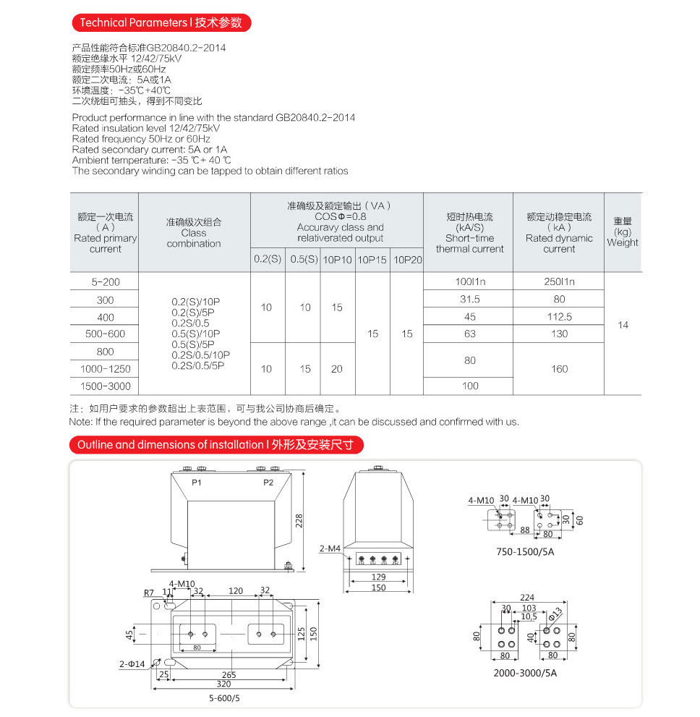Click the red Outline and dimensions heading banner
click(215, 444)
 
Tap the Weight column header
click(623, 232)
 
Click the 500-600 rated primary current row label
click(105, 334)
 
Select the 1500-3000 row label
click(105, 386)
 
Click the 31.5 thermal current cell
click(470, 299)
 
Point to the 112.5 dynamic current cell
click(559, 316)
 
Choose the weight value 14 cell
click(623, 325)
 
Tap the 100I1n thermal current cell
click(470, 281)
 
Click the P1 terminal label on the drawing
click(197, 482)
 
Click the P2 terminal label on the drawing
click(268, 482)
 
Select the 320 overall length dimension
click(223, 684)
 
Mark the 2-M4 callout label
click(330, 548)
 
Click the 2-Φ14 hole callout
click(132, 663)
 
